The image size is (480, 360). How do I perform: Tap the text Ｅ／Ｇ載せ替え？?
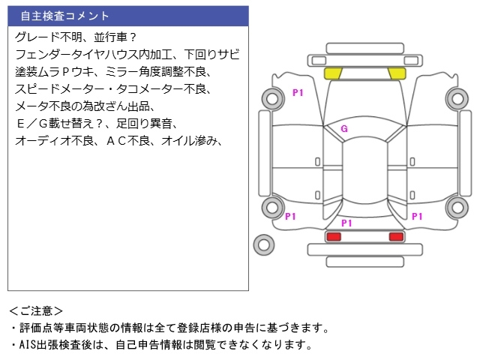click(x=61, y=123)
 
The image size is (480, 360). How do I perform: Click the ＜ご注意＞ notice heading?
click(x=36, y=310)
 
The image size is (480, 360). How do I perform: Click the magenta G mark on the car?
click(x=344, y=128)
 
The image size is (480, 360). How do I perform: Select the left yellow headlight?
click(x=333, y=73)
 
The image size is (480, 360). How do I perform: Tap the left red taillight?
click(x=333, y=237)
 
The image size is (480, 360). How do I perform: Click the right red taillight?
click(x=396, y=237)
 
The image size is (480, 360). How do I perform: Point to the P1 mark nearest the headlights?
click(x=298, y=92)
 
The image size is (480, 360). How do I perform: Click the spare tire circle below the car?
click(x=264, y=244)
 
